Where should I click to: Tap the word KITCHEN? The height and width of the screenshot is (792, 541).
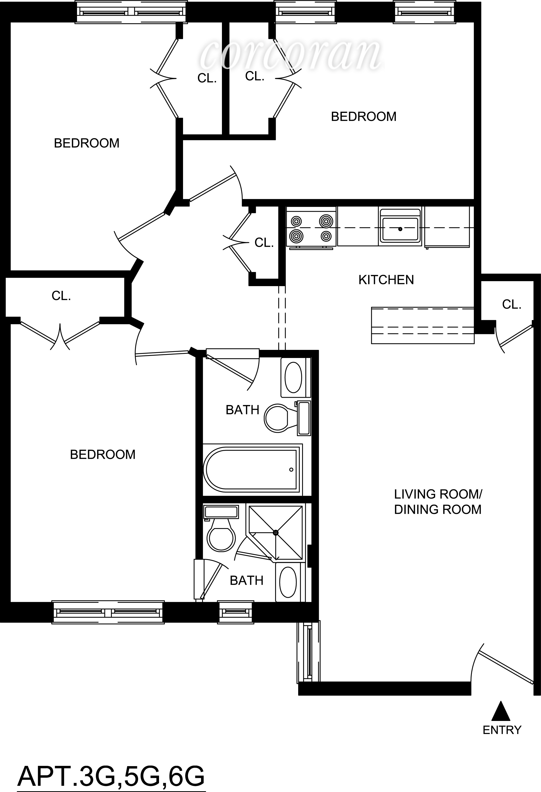386,280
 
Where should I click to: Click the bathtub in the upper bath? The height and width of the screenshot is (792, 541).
252,469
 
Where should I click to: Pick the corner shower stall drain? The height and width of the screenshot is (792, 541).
276,532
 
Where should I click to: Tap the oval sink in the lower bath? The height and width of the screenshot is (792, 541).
288,582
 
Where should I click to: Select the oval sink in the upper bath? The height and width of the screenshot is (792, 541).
293,377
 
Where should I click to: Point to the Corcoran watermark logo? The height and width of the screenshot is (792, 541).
290,55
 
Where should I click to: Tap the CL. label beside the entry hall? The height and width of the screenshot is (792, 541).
512,304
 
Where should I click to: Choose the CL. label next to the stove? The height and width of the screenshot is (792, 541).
264,243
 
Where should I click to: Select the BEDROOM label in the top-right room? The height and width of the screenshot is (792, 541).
364,117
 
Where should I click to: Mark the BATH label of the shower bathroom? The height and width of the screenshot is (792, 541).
246,580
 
